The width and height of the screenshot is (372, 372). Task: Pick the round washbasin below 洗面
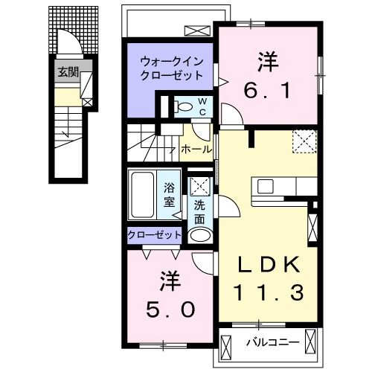coord(200,234)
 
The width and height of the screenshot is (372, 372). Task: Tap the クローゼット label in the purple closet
coord(155,234)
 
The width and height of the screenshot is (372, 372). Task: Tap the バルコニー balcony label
coord(273,342)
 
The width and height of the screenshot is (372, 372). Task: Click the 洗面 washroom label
coord(199,212)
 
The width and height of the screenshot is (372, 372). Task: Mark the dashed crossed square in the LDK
coord(302,141)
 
